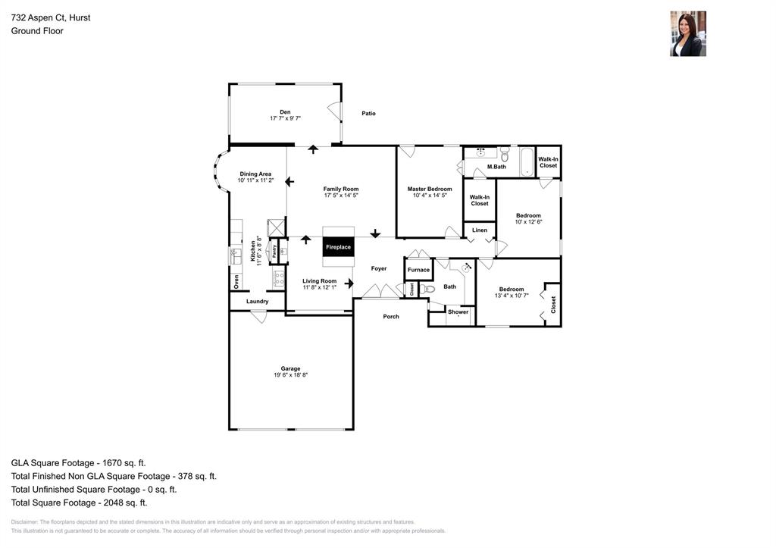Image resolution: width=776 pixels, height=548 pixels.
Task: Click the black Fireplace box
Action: pos(338,247)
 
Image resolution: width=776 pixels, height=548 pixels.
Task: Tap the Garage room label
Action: pos(290,369)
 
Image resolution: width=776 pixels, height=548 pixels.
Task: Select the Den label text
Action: pos(285,112)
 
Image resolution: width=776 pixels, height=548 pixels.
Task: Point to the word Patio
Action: pos(368,114)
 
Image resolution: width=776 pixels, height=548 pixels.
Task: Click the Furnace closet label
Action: pos(418,270)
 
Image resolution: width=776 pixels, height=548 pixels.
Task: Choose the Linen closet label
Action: pos(479,230)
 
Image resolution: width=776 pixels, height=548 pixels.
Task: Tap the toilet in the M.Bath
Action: pos(505,154)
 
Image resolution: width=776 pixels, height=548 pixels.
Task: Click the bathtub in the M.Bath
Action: pos(526,161)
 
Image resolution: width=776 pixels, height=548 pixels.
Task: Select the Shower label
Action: pos(458,312)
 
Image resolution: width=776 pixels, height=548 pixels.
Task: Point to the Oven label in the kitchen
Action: pos(236,281)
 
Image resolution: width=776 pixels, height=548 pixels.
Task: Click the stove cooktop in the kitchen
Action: pos(278,278)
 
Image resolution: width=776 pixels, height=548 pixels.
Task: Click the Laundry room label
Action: pos(257,302)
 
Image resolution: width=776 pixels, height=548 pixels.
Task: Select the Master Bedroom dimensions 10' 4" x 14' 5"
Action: pos(430,196)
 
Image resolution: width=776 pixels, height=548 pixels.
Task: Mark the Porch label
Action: pos(391,316)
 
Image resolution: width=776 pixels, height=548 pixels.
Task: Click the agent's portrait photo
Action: pos(687,33)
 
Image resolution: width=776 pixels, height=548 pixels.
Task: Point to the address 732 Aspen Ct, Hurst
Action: pos(51,17)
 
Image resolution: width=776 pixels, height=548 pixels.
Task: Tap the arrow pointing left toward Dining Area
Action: pos(289,182)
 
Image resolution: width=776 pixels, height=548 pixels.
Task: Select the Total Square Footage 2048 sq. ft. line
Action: pos(79,503)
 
